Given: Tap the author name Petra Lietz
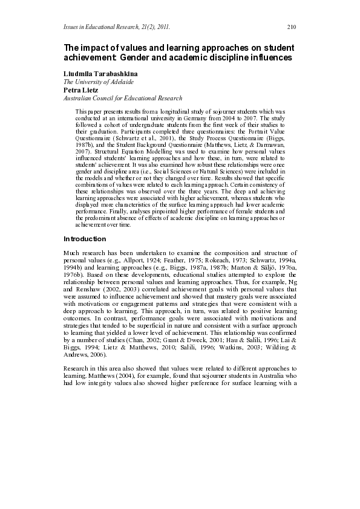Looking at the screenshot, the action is [81, 89].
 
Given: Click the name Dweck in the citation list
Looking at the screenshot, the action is [173, 348].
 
